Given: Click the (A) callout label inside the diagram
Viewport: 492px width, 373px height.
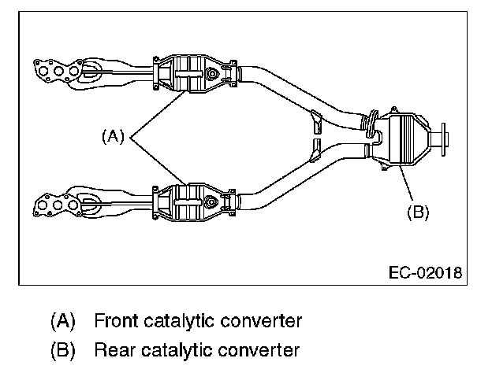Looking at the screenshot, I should (x=114, y=136).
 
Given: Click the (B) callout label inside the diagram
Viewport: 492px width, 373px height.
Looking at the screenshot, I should (x=417, y=212).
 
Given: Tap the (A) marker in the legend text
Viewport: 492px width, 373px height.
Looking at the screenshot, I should (x=62, y=321).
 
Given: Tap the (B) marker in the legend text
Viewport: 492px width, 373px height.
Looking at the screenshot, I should (x=62, y=349).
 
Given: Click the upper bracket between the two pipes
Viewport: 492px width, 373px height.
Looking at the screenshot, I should (x=318, y=122).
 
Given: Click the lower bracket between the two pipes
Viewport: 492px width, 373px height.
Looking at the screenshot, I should (x=316, y=149).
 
